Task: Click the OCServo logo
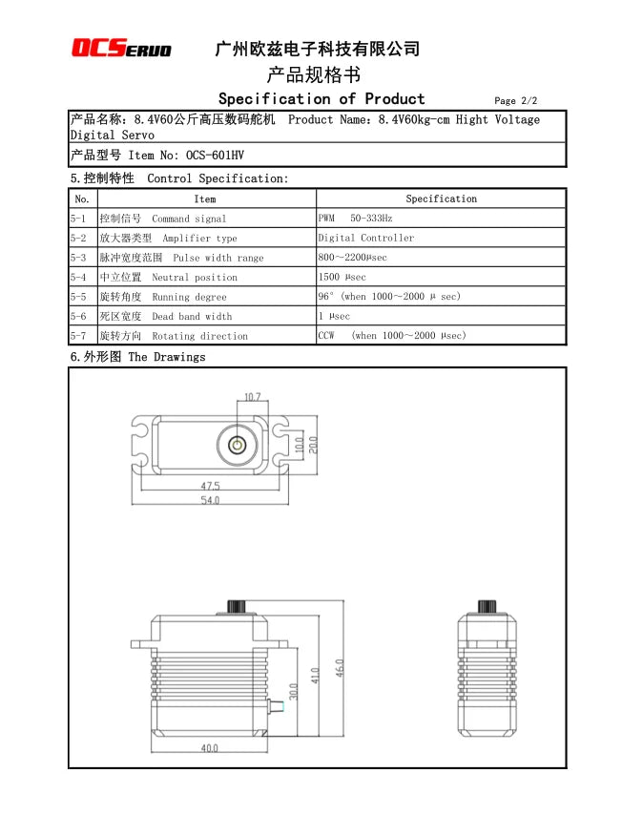click(x=122, y=49)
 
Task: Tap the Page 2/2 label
click(x=516, y=101)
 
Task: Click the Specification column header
click(x=441, y=199)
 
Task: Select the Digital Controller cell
click(x=366, y=238)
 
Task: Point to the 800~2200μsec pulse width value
click(x=352, y=258)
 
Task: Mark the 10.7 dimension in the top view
click(x=252, y=397)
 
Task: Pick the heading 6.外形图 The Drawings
click(x=137, y=357)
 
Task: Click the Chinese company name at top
click(x=318, y=49)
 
